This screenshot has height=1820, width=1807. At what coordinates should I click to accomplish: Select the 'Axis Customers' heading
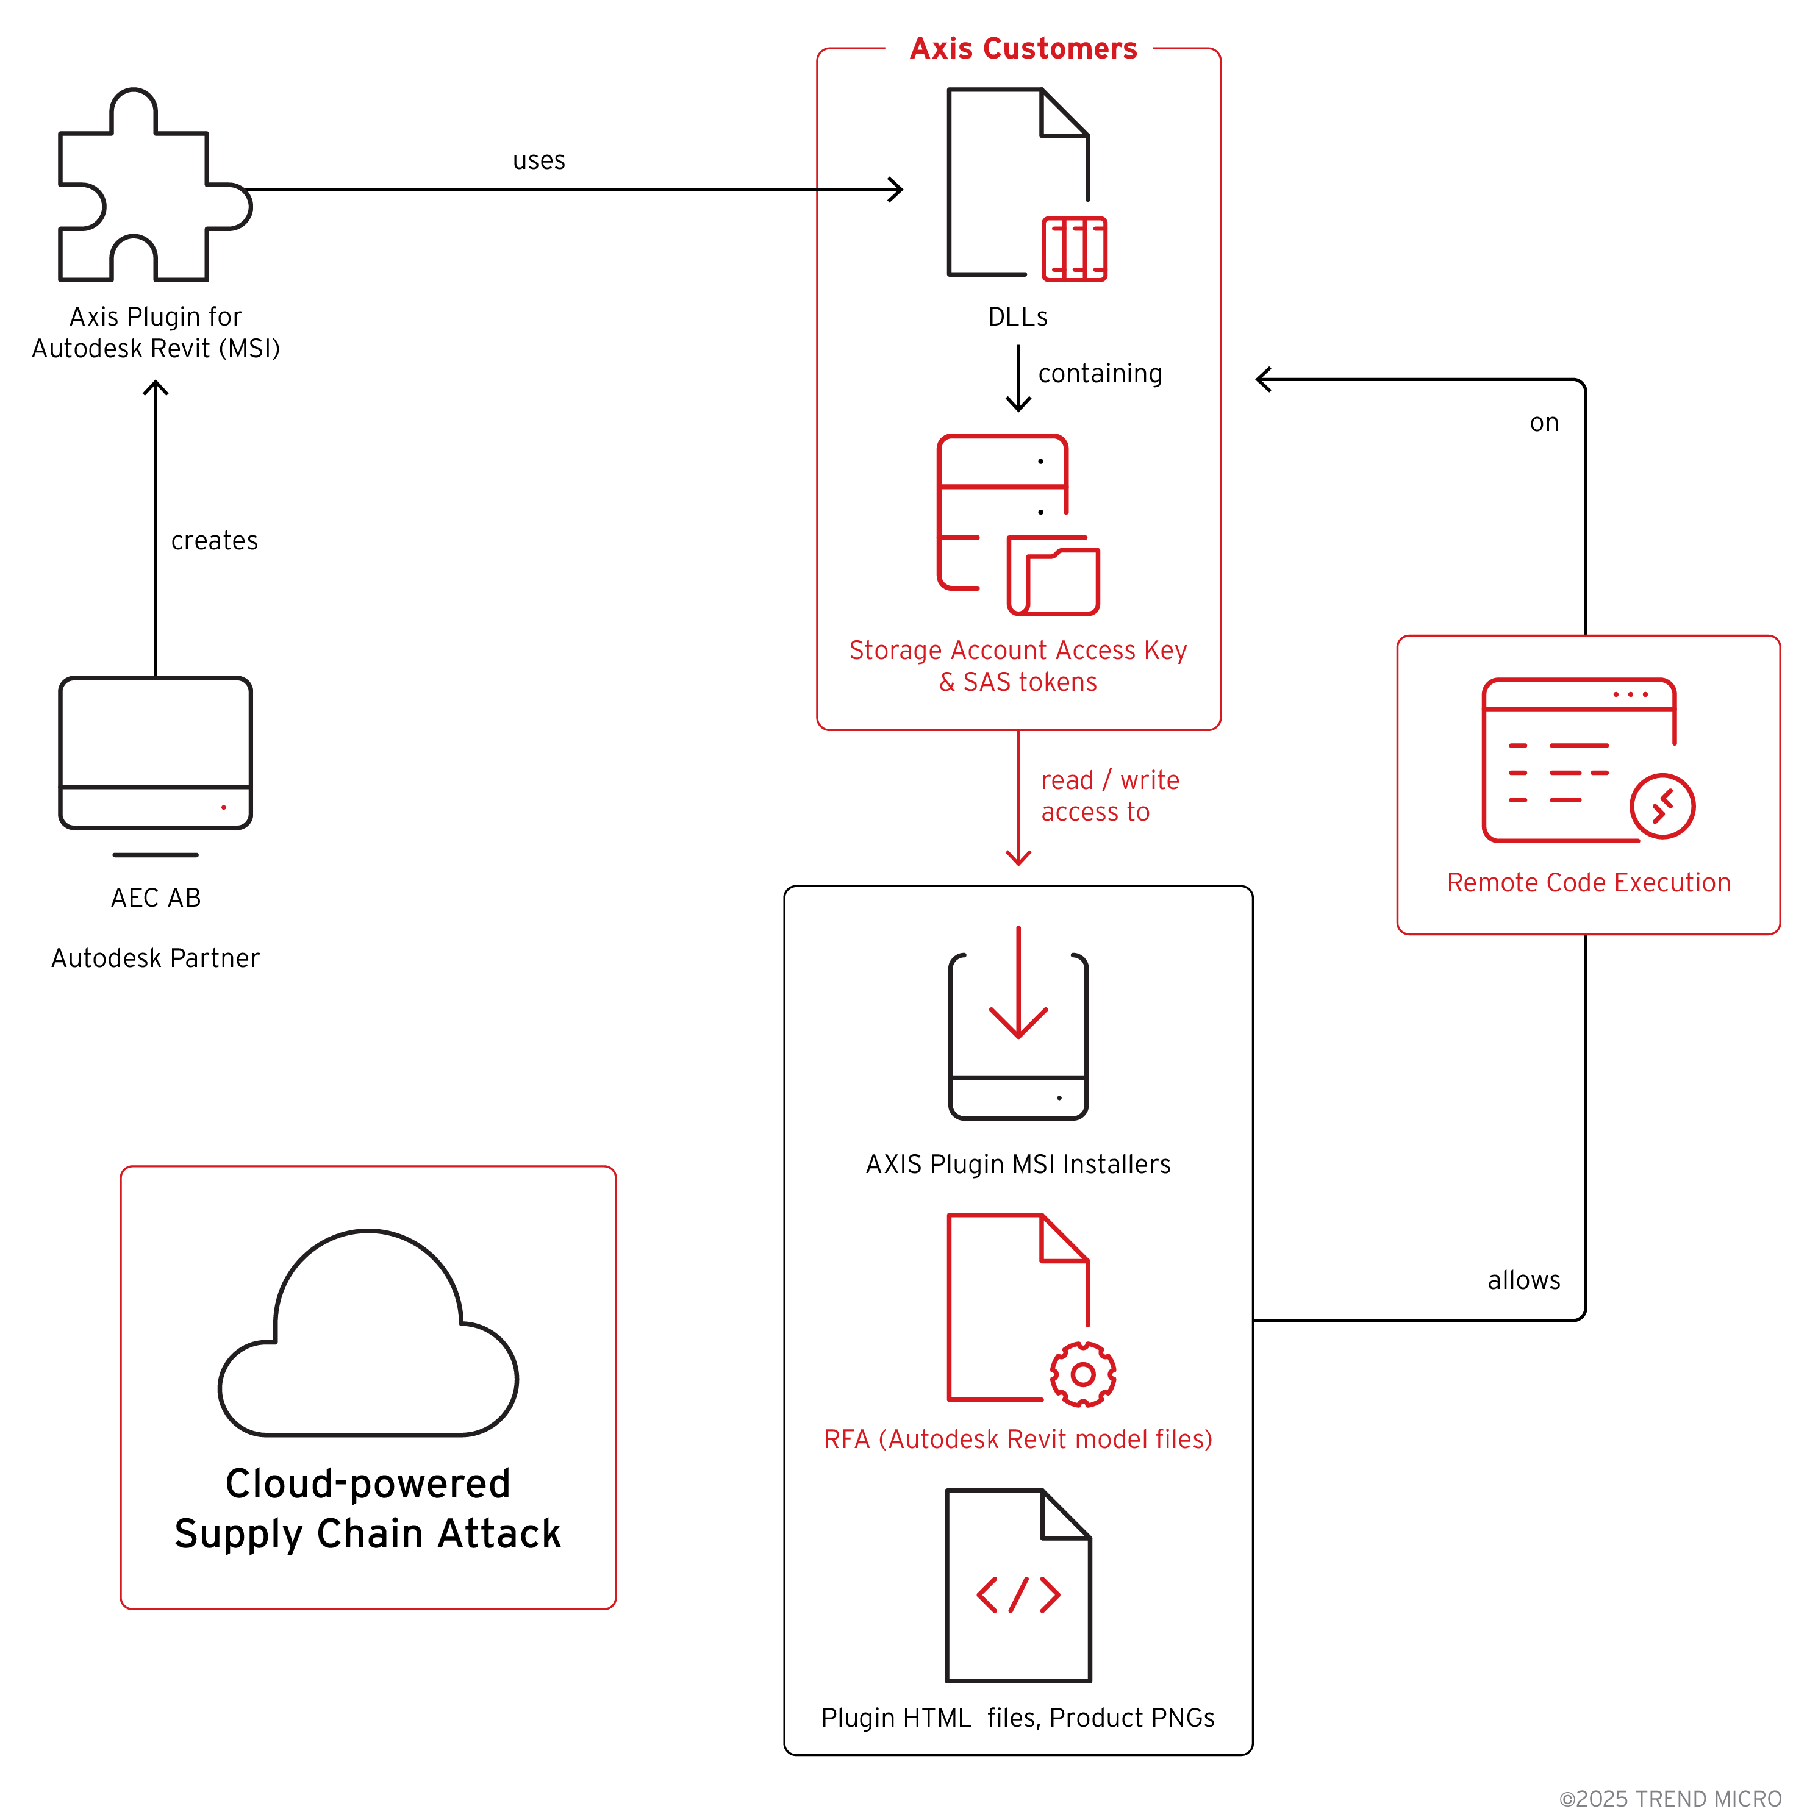click(x=1023, y=49)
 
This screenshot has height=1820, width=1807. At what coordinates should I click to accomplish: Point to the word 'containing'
click(x=1100, y=374)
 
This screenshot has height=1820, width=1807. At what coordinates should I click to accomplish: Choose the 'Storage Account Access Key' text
click(x=1017, y=650)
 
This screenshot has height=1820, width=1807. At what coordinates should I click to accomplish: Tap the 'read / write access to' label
click(x=1108, y=796)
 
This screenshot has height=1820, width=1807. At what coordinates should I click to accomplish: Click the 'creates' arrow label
click(x=214, y=541)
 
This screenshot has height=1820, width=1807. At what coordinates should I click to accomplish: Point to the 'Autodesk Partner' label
click(x=156, y=958)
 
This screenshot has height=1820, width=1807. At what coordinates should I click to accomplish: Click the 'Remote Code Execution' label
click(x=1589, y=883)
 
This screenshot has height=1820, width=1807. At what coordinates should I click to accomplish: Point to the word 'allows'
click(x=1523, y=1281)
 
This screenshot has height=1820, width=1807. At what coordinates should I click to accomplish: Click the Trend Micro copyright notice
click(x=1669, y=1798)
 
